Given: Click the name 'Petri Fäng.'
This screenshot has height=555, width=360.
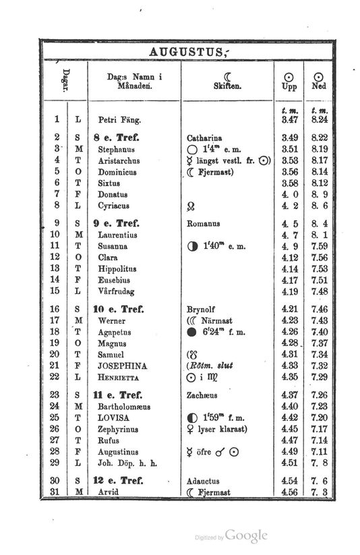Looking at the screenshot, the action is pos(118,120).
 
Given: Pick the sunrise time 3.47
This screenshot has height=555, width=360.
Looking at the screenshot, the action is pos(289,119).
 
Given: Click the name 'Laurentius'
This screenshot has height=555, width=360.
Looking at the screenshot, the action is pos(117,235).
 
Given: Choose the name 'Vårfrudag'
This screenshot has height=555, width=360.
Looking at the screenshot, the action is pos(115,291).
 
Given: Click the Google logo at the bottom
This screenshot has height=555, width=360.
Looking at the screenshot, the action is pos(246,536).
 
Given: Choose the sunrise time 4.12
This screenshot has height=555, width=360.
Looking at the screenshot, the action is pos(289,257).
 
